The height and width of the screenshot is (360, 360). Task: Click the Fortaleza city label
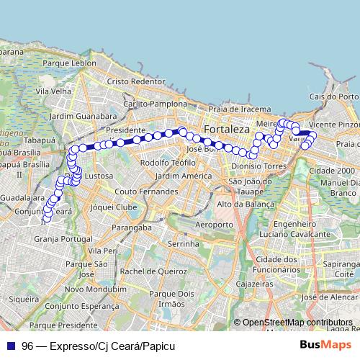(228, 130)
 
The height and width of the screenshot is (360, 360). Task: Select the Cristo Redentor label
(136, 82)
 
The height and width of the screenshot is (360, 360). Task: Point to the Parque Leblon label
(69, 63)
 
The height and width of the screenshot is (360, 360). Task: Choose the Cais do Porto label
(333, 96)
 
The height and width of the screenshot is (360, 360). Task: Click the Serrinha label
(183, 245)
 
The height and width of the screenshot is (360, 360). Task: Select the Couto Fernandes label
(146, 192)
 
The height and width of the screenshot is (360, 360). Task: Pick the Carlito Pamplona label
(155, 104)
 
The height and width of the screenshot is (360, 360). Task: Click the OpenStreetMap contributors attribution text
(297, 323)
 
